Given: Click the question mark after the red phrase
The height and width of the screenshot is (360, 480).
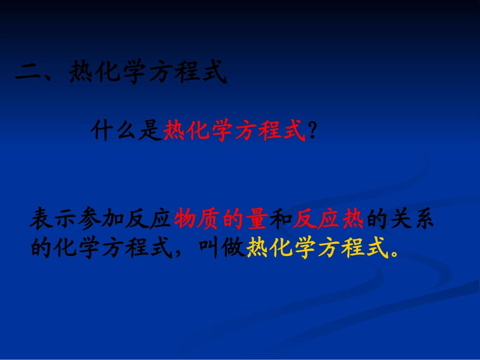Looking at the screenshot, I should coord(313,132).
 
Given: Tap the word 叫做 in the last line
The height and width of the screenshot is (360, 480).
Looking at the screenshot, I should coord(222,247).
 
